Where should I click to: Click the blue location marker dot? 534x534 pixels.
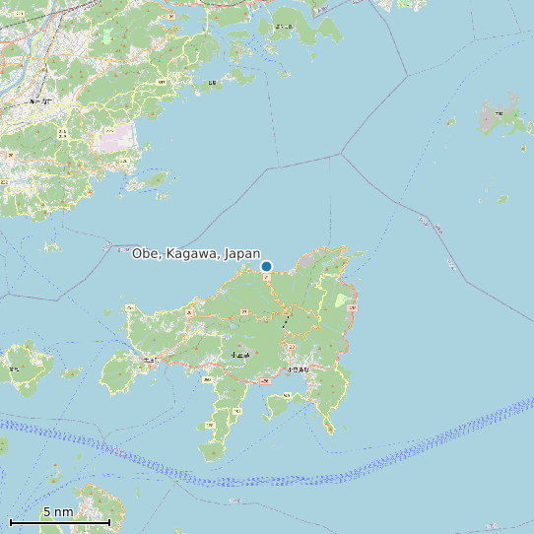[x=266, y=266]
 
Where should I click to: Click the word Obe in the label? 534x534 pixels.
[x=146, y=254]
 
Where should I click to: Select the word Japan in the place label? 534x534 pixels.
[x=242, y=254]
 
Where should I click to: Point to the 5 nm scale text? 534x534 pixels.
[x=58, y=512]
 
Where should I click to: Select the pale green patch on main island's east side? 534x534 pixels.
[x=341, y=300]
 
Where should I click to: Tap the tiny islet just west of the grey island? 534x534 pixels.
[x=451, y=122]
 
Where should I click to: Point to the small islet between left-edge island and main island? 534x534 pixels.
[x=71, y=372]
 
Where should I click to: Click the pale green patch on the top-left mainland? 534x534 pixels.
[x=106, y=36]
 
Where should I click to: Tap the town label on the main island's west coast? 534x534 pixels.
[x=150, y=360]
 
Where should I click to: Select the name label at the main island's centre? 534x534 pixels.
[x=239, y=354]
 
